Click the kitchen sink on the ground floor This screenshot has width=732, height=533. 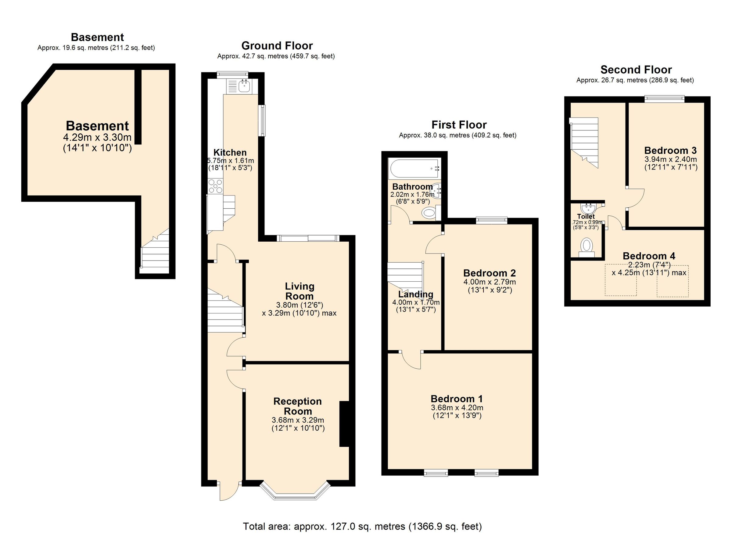[244, 86]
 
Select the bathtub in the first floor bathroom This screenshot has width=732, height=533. [415, 168]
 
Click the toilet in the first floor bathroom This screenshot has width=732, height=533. [430, 213]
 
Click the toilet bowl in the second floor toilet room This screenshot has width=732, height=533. [587, 246]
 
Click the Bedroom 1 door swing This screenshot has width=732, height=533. [411, 360]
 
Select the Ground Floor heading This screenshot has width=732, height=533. [277, 46]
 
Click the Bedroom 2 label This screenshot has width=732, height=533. [489, 273]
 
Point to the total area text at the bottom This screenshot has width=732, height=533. [362, 526]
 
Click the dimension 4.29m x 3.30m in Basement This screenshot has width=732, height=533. [97, 137]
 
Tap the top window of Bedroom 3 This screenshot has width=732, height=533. [665, 99]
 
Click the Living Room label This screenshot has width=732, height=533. [299, 291]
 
